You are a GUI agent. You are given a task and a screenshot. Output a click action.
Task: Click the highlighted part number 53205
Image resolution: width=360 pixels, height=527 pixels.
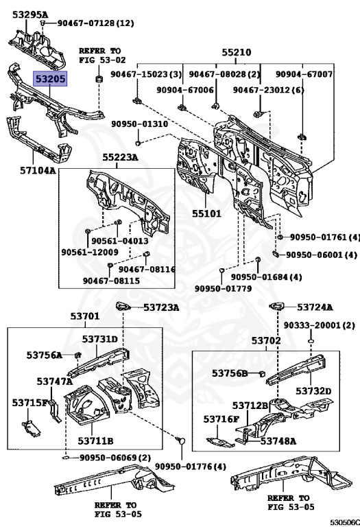click(49, 79)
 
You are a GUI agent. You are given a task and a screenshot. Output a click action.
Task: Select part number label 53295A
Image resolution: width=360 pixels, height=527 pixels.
click(30, 14)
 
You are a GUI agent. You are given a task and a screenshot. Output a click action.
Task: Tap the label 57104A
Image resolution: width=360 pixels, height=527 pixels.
click(38, 170)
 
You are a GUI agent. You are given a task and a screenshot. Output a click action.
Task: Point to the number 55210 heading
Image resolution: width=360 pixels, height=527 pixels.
click(236, 52)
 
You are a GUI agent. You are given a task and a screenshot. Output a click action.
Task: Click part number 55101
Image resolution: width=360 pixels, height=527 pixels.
click(206, 213)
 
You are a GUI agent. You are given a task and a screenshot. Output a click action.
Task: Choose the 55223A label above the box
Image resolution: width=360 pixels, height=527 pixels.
click(120, 157)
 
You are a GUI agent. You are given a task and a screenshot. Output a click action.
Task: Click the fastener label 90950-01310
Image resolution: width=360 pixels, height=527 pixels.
click(140, 124)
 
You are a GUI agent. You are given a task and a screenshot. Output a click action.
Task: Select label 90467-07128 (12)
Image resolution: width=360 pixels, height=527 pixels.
click(96, 23)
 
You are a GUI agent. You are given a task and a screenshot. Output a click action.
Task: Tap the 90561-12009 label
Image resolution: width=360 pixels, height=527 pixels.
click(90, 252)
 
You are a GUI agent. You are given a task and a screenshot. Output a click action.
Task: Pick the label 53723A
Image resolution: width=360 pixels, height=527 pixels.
click(161, 307)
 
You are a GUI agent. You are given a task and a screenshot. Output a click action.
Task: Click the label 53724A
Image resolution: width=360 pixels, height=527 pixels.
click(315, 307)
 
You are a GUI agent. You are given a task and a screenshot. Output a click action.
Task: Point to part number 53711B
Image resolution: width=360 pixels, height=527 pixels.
click(95, 441)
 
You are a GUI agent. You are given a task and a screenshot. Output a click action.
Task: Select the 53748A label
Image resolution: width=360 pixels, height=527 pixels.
click(278, 441)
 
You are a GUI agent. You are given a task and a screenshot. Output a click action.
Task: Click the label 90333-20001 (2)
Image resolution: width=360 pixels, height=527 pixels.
click(320, 325)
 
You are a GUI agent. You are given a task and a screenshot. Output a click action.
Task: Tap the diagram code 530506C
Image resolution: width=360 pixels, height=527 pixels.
click(345, 522)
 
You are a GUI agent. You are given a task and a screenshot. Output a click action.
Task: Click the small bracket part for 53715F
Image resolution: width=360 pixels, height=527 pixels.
click(31, 428)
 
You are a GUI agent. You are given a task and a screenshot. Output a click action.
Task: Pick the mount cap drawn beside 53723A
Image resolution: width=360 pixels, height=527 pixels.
click(123, 306)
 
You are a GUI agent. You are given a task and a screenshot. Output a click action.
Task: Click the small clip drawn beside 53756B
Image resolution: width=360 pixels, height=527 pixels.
click(263, 373)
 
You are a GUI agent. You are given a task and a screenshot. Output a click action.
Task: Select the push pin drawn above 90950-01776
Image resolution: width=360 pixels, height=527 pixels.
click(180, 440)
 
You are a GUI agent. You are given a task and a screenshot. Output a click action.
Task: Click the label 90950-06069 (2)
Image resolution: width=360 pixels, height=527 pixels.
click(115, 458)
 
